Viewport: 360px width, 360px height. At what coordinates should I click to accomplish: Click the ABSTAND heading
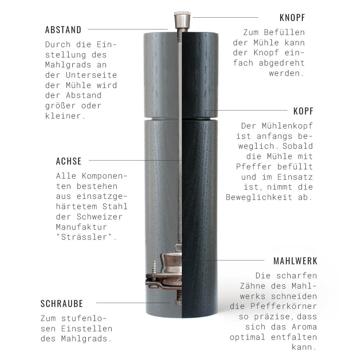tap(63, 30)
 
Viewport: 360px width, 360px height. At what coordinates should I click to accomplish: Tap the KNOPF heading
tap(292, 18)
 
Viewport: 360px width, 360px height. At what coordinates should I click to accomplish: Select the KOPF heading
tap(303, 111)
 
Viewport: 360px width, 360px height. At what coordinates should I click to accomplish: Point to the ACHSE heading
tap(68, 161)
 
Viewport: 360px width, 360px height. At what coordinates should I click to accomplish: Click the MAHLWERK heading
tap(295, 261)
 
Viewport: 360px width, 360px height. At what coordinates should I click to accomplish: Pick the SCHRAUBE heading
tap(62, 304)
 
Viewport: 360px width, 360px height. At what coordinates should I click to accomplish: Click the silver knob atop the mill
tap(182, 20)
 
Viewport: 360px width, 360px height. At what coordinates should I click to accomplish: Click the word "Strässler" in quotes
tap(87, 237)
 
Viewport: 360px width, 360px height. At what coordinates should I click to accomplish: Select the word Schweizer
tap(99, 217)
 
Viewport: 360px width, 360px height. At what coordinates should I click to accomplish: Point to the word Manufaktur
tap(81, 227)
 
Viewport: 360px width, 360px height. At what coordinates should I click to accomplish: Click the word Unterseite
tap(91, 75)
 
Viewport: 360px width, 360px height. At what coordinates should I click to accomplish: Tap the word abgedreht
tap(282, 63)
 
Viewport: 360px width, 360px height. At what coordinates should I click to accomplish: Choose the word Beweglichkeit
tap(259, 197)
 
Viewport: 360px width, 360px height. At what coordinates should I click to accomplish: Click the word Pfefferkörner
tap(283, 306)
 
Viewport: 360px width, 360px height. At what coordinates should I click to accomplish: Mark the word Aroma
tap(304, 327)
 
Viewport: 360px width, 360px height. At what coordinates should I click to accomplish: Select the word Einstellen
tap(87, 329)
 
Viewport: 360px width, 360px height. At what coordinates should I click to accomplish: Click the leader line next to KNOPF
tap(225, 17)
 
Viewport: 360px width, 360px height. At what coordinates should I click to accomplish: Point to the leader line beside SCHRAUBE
tap(133, 303)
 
